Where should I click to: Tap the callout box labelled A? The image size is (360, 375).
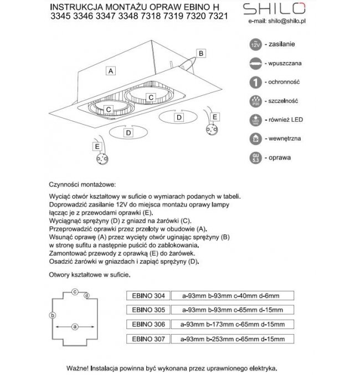coord(111,71)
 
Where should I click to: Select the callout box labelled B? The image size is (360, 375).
coord(202,53)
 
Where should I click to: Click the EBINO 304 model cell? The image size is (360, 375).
coord(149,295)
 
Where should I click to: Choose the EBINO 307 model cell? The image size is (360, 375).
coord(149,338)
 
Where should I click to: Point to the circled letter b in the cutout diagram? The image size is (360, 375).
coord(52,315)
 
